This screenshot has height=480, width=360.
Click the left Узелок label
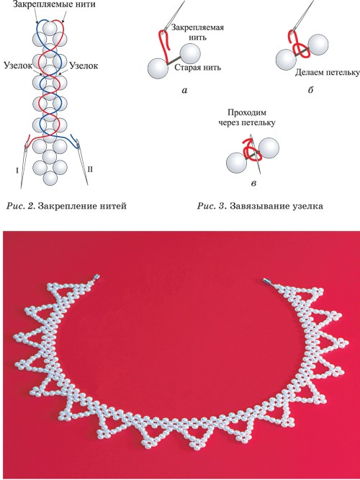pos(17,65)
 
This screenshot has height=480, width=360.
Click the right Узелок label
pos(84,65)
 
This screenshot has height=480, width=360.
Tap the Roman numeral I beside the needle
pos(17,171)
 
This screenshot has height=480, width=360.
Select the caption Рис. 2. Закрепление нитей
pos(66,206)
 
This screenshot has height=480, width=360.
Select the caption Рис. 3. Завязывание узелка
pos(260,206)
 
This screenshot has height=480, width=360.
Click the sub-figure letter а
pos(184,90)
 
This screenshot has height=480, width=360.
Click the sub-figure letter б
pos(310,90)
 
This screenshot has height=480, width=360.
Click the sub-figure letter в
pos(253,184)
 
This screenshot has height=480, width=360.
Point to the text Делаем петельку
pos(327,73)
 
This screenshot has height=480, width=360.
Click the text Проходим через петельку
pos(246,118)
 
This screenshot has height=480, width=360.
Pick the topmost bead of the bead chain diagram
pos(50,28)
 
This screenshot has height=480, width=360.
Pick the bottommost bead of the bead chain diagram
pos(50,178)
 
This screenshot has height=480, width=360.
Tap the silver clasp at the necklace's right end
pos(267,281)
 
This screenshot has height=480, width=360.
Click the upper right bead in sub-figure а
pos(191,54)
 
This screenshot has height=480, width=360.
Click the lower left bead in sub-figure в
pos(236,163)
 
